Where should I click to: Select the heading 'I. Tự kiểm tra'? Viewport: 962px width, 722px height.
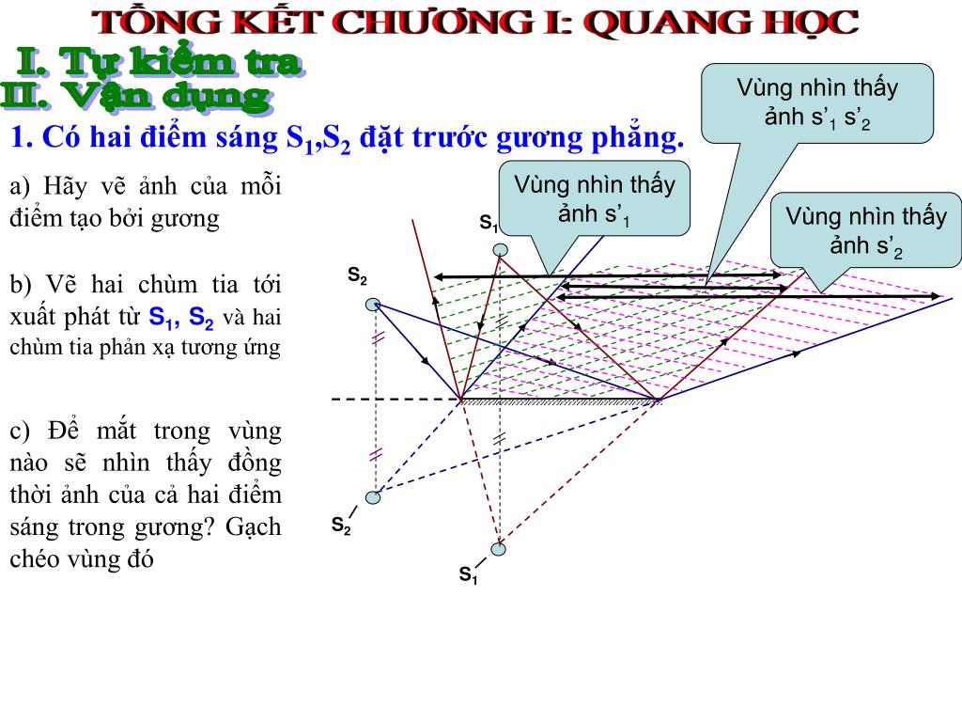coord(161,63)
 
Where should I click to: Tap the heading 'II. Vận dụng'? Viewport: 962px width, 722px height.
coord(136,96)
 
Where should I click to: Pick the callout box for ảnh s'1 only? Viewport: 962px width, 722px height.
coord(594,198)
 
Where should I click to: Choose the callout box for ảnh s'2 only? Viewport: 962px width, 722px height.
coord(865,231)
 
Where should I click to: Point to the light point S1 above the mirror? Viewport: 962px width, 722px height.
coord(502,249)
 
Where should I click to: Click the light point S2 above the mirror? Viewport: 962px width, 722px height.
coord(374,303)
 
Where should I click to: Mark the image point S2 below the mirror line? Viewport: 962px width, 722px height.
coord(374,497)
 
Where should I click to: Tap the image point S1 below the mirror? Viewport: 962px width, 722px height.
coord(498,549)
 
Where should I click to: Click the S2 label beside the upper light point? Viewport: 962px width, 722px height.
coord(358,276)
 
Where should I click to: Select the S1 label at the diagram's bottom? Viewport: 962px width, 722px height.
coord(468,575)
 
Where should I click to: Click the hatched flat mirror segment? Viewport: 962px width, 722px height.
coord(561,401)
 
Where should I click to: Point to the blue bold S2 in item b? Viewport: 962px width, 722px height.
coord(203,316)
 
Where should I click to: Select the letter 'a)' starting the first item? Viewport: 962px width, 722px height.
coord(20,185)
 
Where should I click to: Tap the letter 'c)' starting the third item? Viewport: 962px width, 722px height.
coord(20,432)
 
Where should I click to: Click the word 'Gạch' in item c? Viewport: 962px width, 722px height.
coord(253,526)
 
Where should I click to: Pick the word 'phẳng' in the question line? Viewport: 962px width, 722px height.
coord(640,139)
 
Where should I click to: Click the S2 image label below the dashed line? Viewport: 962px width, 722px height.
coord(341,526)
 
